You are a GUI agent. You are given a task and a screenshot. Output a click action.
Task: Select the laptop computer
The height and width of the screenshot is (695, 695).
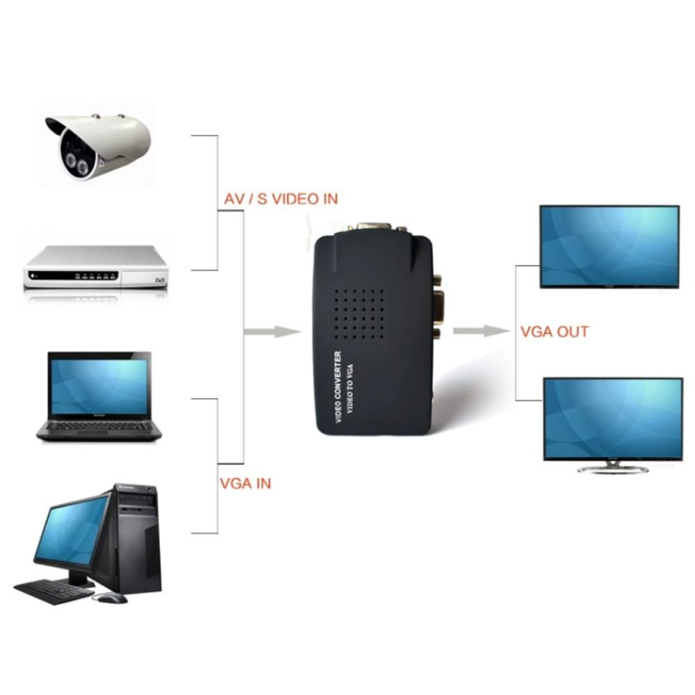[99, 396]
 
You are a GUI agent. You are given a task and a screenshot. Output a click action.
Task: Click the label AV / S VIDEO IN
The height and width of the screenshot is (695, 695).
[281, 199]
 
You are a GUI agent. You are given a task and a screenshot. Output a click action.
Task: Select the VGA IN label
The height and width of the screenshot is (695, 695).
[245, 483]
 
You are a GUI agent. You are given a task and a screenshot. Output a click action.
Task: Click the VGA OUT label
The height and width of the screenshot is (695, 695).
[555, 332]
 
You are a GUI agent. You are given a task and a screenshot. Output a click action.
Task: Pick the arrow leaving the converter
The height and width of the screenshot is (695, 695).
[481, 331]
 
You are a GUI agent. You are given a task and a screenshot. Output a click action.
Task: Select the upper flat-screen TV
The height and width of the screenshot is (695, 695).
[610, 246]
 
